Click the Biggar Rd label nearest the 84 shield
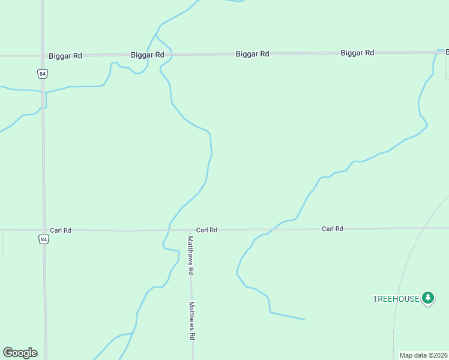pyautogui.click(x=65, y=56)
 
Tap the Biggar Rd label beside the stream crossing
pyautogui.click(x=148, y=55)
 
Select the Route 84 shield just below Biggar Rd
pyautogui.click(x=42, y=74)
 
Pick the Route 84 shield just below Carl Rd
pyautogui.click(x=43, y=239)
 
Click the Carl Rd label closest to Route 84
pyautogui.click(x=61, y=230)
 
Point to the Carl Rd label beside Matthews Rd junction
pyautogui.click(x=206, y=230)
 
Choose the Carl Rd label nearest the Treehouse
pyautogui.click(x=332, y=229)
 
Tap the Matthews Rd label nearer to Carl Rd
pyautogui.click(x=190, y=255)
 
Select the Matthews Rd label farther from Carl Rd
pyautogui.click(x=192, y=321)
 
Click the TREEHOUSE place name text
pyautogui.click(x=396, y=299)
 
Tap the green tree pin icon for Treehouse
pyautogui.click(x=427, y=298)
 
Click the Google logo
pyautogui.click(x=20, y=353)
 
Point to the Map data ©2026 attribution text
pyautogui.click(x=424, y=355)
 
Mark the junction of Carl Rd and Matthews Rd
pyautogui.click(x=191, y=230)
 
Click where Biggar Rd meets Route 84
pyautogui.click(x=43, y=56)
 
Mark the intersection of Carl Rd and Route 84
pyautogui.click(x=43, y=230)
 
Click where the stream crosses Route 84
pyautogui.click(x=43, y=92)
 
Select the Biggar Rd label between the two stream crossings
pyautogui.click(x=252, y=54)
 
